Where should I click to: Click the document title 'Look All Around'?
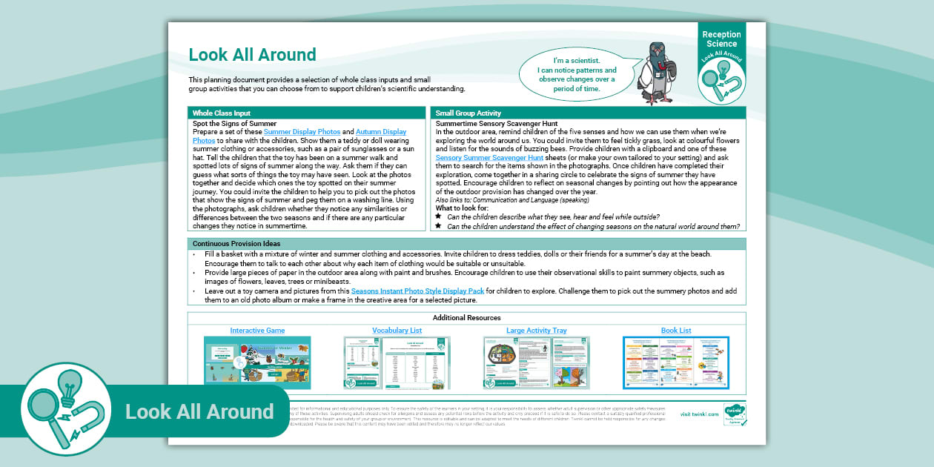coord(252,55)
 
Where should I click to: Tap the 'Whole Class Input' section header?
coord(217,113)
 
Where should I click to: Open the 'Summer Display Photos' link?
coord(302,132)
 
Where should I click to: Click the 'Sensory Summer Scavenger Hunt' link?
coord(489,158)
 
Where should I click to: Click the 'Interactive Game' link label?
coord(257,331)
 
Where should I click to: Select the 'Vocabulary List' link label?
coord(397,331)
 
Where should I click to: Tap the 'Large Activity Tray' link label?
coord(536,331)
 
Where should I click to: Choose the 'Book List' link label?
coord(676,331)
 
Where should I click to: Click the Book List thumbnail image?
coord(676,362)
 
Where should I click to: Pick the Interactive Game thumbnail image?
coord(257,362)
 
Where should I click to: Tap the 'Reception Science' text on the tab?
coord(721,39)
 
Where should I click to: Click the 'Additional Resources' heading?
coord(467,318)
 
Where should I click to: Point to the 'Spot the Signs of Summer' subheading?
coord(234,124)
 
